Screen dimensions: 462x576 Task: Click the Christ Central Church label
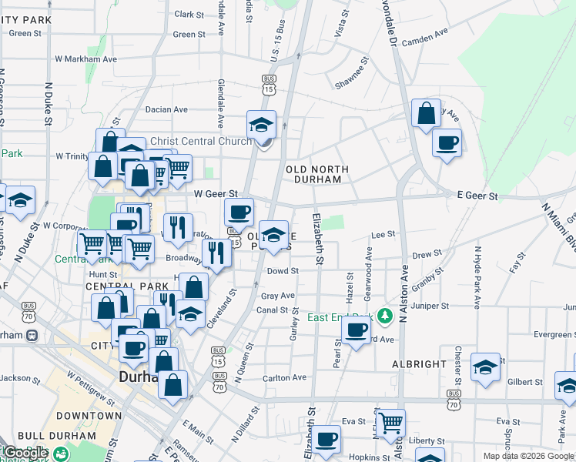pyautogui.click(x=201, y=141)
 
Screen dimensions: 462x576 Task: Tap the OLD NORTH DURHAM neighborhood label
pyautogui.click(x=316, y=174)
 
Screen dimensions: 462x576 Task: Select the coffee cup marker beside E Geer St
pyautogui.click(x=447, y=142)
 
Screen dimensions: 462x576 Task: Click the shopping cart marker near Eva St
pyautogui.click(x=391, y=421)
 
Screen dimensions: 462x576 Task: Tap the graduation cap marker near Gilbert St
pyautogui.click(x=485, y=367)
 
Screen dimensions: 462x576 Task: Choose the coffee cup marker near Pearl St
pyautogui.click(x=356, y=330)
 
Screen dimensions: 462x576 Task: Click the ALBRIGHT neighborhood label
pyautogui.click(x=419, y=364)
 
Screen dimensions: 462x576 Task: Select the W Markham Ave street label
pyautogui.click(x=86, y=59)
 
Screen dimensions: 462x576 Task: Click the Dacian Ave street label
pyautogui.click(x=166, y=110)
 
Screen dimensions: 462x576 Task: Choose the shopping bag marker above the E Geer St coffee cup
pyautogui.click(x=426, y=114)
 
